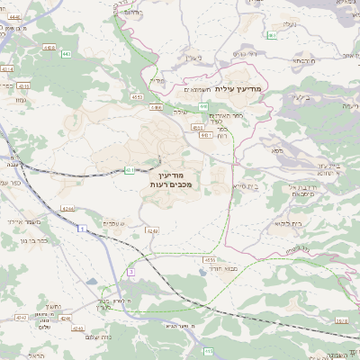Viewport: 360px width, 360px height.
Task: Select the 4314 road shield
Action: pyautogui.click(x=7, y=67)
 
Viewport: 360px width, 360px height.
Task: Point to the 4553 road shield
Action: pyautogui.click(x=137, y=95)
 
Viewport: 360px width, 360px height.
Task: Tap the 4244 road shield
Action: pyautogui.click(x=67, y=209)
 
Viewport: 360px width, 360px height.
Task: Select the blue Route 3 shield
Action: pyautogui.click(x=130, y=270)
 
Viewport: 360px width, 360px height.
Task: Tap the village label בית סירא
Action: pyautogui.click(x=243, y=184)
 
